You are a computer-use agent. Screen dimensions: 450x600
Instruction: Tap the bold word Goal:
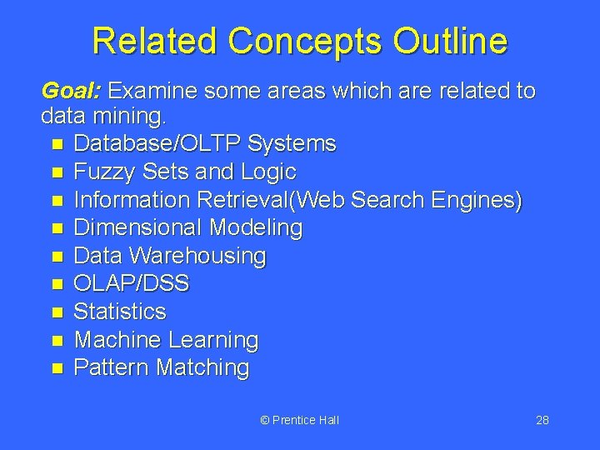point(71,90)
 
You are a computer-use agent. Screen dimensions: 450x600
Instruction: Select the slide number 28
point(542,420)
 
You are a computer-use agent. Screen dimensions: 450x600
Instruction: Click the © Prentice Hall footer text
point(300,420)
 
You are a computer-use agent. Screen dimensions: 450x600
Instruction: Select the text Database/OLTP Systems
point(205,144)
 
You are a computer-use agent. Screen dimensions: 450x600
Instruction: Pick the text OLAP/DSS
point(132,284)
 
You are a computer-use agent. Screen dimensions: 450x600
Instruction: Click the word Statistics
point(120,312)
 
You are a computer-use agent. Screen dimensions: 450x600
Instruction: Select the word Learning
point(213,340)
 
